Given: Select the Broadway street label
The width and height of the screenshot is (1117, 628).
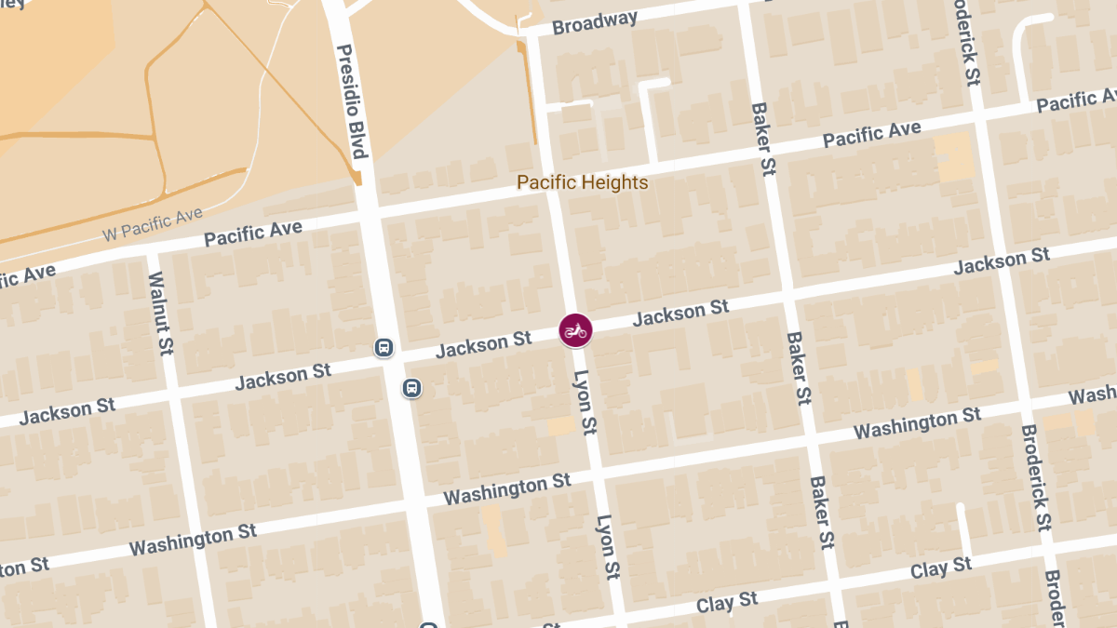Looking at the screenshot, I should point(595,22).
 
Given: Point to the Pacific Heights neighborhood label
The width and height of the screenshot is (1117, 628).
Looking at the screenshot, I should point(582,182).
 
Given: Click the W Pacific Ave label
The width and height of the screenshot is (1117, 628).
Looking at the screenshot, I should point(153,224).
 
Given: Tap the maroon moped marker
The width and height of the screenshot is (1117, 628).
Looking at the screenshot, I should point(575,330).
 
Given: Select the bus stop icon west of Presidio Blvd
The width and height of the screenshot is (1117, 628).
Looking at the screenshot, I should point(383,348).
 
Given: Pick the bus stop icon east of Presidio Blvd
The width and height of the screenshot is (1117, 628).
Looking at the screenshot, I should point(411,387).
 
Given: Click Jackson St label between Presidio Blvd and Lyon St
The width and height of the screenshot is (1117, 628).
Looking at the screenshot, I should point(484,345).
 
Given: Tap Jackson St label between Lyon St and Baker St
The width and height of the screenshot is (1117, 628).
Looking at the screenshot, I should point(680,313).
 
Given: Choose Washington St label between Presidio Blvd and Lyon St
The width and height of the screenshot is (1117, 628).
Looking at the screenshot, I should point(507,488).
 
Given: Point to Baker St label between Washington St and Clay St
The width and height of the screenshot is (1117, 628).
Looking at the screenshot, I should point(821,513).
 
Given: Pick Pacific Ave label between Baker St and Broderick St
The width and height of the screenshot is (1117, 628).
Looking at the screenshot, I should point(871,136).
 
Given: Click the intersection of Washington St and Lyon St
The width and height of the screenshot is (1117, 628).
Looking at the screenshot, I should point(595,473).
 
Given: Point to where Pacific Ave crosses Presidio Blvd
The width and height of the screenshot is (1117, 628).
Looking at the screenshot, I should point(368,212).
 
